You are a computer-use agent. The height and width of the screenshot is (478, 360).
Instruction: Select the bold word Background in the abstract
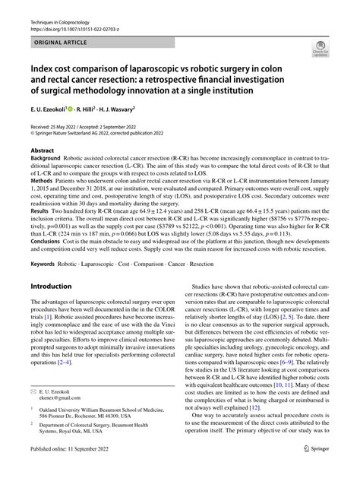tap(47, 160)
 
